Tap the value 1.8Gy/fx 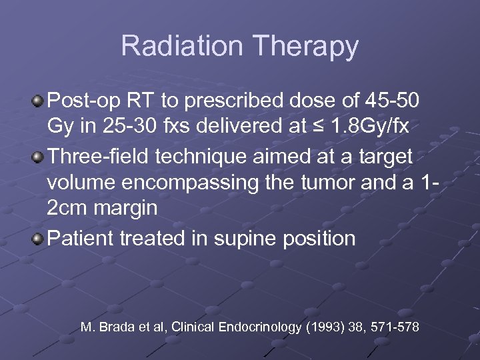click(372, 129)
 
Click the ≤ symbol click(322, 129)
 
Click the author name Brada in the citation click(115, 327)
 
